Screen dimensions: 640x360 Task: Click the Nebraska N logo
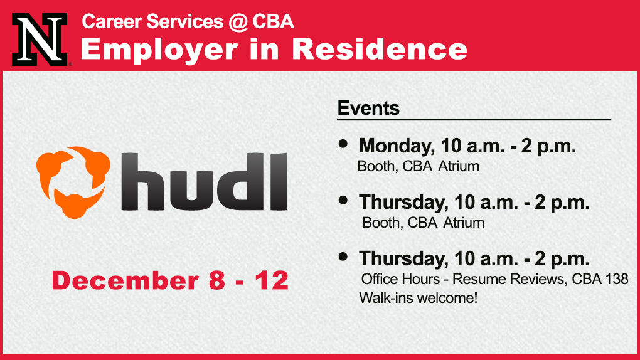point(40,39)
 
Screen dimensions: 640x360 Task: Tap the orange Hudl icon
point(73,182)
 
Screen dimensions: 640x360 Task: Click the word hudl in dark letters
point(205,182)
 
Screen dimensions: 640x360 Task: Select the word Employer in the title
point(159,50)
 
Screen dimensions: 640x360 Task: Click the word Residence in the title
point(380,49)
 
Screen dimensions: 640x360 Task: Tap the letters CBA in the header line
point(273,21)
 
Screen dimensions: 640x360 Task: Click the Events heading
point(368,108)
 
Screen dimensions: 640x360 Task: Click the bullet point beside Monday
point(343,143)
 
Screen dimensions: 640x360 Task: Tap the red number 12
point(272,280)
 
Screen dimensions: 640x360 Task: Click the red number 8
point(216,280)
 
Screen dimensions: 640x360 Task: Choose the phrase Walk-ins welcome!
point(418,298)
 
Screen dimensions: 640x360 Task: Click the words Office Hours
point(400,279)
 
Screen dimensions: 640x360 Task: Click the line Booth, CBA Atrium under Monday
point(419,167)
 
